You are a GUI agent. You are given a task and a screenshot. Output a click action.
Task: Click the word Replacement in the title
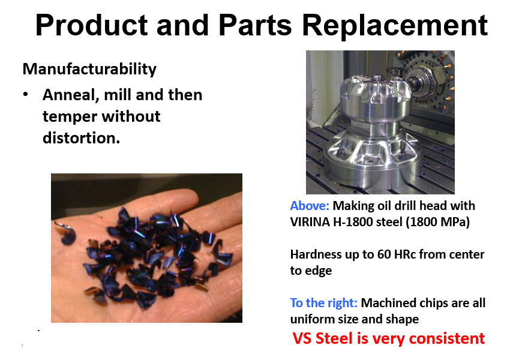[395, 25]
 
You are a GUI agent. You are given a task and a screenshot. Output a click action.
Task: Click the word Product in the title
[92, 25]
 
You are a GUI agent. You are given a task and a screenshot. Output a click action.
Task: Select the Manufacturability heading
[89, 70]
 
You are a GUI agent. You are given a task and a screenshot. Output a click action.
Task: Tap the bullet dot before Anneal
[26, 95]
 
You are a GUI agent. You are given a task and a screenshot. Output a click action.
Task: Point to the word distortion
[81, 138]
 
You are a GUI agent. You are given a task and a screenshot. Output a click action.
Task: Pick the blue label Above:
[310, 206]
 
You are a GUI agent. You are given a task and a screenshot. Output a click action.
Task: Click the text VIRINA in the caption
[310, 222]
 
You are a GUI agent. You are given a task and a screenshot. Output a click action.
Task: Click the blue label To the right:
[323, 303]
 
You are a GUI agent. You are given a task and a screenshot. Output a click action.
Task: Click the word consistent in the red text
[447, 338]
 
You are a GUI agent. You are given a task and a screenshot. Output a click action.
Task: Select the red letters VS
[302, 338]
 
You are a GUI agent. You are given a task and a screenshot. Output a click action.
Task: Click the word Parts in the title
[255, 25]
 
